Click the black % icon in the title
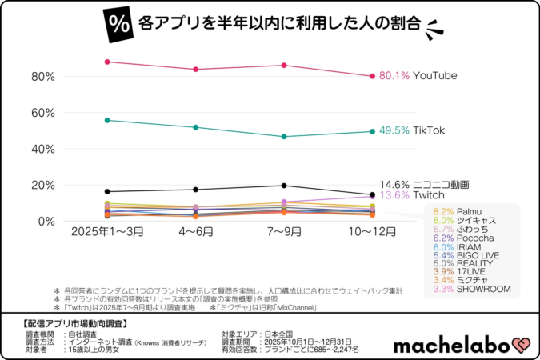[118, 23]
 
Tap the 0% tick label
[46, 221]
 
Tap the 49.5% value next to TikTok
[394, 130]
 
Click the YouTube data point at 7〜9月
[283, 66]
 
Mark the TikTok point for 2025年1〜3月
[107, 120]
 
